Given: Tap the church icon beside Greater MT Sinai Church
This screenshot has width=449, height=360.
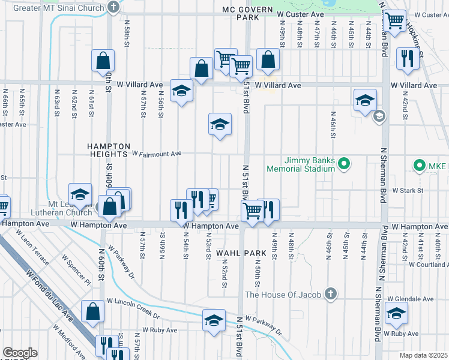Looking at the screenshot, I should click(x=113, y=7).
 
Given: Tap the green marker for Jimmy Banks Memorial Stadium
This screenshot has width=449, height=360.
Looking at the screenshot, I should click(x=343, y=163).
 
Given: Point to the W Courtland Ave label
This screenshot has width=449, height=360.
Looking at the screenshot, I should click(x=429, y=264).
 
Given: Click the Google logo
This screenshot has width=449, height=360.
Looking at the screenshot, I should click(x=19, y=353).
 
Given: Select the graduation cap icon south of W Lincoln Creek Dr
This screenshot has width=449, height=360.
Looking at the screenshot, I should click(x=214, y=320).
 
